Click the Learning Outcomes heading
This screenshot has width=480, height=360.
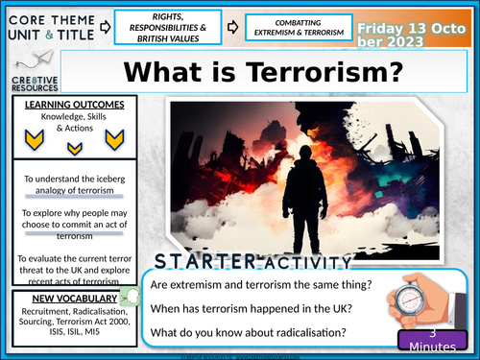(x=67, y=103)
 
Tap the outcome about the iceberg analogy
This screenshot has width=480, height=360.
(x=66, y=183)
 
